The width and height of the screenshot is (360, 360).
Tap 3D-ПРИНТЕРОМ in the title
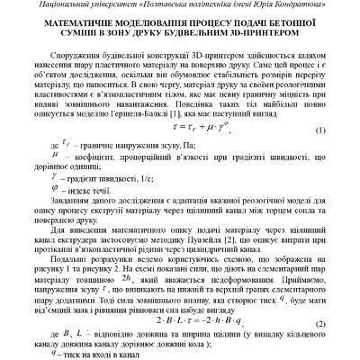click(252, 37)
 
